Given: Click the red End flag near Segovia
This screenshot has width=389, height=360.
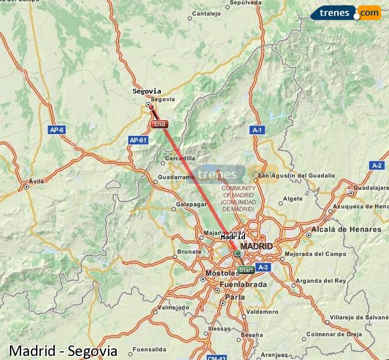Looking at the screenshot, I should (x=159, y=124).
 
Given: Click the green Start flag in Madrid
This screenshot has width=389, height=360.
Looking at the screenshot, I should (x=246, y=270).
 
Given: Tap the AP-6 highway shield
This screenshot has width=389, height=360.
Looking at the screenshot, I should (x=56, y=130).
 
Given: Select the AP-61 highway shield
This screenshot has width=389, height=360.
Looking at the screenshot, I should (x=138, y=140).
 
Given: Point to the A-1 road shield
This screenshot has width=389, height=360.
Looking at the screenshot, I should (x=257, y=130).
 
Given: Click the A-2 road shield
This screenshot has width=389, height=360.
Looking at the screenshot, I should (x=377, y=165).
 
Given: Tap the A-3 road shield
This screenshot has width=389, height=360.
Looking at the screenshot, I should (x=263, y=267).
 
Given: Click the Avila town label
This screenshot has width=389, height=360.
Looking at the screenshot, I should (x=36, y=181).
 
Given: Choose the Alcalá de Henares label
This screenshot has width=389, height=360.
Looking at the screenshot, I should (x=346, y=229).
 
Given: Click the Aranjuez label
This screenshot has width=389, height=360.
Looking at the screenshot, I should (x=274, y=354).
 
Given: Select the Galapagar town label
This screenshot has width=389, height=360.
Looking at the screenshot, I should (x=191, y=204).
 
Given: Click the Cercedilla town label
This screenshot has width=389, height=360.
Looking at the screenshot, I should (x=180, y=158).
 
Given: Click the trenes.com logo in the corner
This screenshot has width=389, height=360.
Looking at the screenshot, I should (x=345, y=12).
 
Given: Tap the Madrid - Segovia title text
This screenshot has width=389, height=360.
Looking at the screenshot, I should (x=63, y=351).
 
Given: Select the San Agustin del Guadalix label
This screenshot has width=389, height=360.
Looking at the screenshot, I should (x=296, y=175).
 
